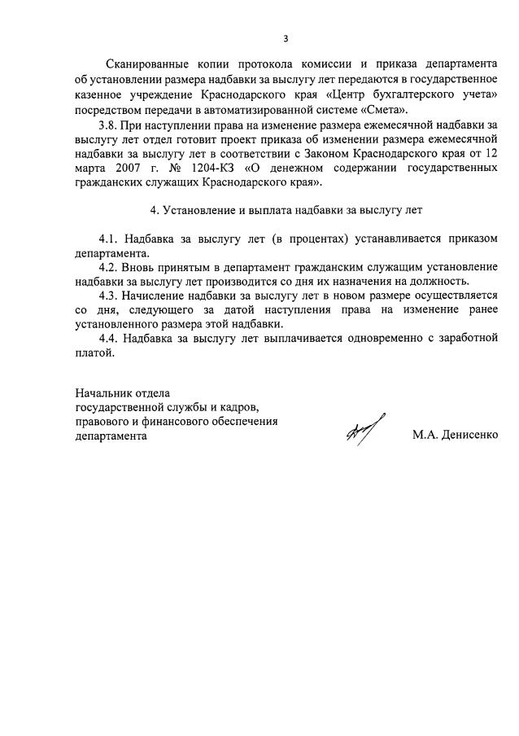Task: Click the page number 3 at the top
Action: point(286,38)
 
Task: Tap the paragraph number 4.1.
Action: point(108,239)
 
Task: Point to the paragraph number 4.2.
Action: point(108,268)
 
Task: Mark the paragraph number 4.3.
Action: point(108,296)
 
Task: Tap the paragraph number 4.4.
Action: point(108,339)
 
